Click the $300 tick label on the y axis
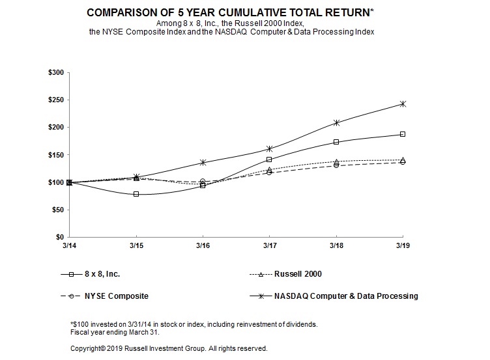pos(55,72)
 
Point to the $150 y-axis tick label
pos(55,155)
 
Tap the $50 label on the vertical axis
pos(57,210)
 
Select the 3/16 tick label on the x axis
pos(203,245)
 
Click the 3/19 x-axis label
pos(403,245)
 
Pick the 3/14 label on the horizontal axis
pos(69,245)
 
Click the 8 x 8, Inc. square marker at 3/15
pos(136,194)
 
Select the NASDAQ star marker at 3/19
pos(403,104)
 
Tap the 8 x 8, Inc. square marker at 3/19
pos(403,134)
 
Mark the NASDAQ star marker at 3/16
pos(203,162)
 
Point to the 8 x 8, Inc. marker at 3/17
pos(269,159)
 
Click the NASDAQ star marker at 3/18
pos(336,122)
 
